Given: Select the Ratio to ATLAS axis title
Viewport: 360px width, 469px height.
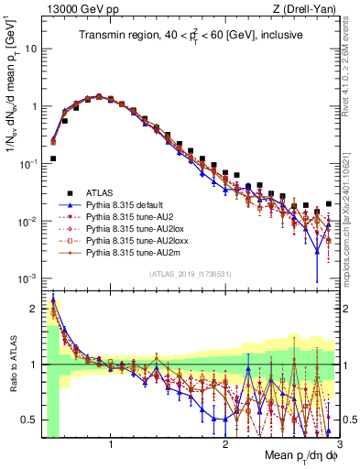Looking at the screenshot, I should coord(12,364).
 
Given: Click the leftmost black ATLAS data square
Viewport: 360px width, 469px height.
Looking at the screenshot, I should coord(53,158).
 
